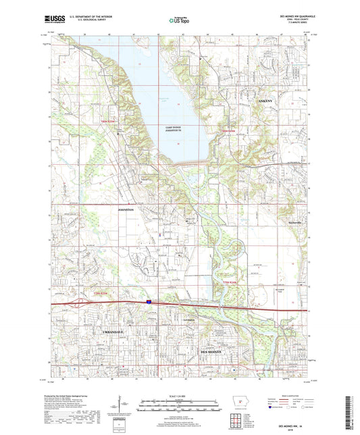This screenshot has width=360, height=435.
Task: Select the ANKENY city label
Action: (x=267, y=101)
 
